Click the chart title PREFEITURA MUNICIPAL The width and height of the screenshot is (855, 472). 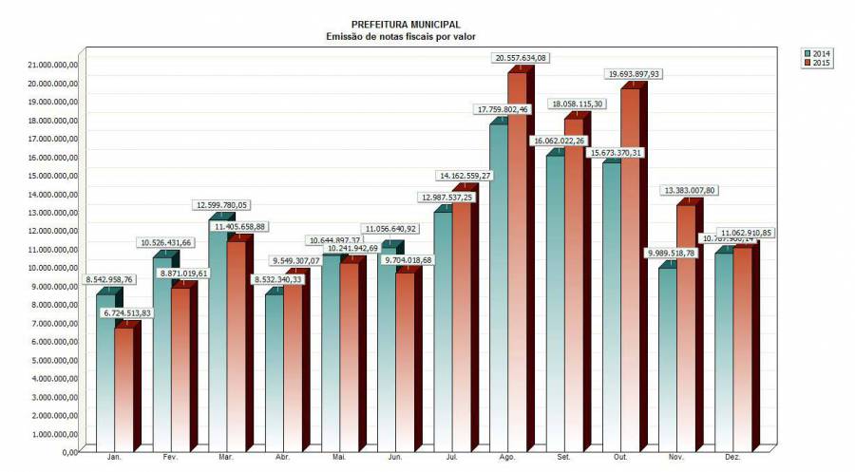tap(406, 25)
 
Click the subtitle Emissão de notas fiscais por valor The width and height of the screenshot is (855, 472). tap(406, 37)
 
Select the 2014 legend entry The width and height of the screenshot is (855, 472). tap(817, 53)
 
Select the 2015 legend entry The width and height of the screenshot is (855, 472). tap(817, 63)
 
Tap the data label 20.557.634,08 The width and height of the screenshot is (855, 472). tap(522, 58)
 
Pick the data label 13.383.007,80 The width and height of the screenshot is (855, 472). tap(690, 190)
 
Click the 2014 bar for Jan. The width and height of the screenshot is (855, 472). tap(105, 370)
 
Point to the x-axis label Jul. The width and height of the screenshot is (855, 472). tap(452, 458)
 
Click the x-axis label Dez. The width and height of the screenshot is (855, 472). tap(733, 458)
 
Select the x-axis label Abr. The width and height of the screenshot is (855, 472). tap(283, 458)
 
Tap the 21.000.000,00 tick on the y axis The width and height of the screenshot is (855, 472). tap(48, 65)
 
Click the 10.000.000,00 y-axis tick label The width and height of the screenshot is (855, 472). tap(48, 268)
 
